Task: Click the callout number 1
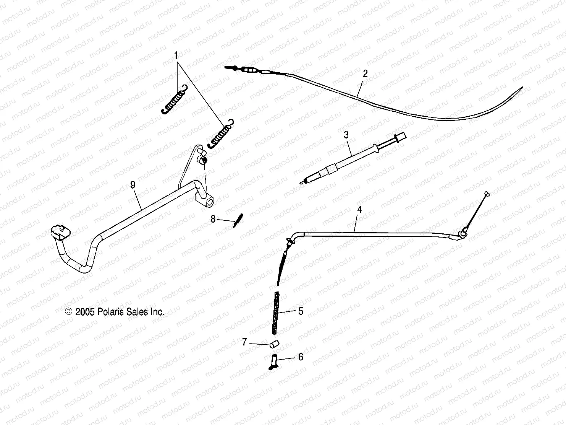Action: [x=176, y=56]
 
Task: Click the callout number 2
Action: [x=365, y=74]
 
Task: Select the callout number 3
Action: [x=346, y=135]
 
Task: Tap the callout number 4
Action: [x=359, y=210]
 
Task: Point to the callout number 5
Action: [x=301, y=311]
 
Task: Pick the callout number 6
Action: [x=301, y=357]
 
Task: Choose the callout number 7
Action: [x=244, y=342]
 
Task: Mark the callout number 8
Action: [x=213, y=219]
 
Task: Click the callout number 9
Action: [x=133, y=185]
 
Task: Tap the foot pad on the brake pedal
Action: [x=60, y=232]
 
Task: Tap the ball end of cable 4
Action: [x=487, y=194]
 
